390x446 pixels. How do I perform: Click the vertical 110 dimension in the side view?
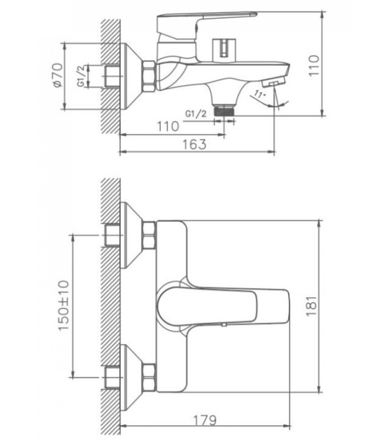[314, 66]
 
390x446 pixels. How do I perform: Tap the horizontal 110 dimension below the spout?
[168, 127]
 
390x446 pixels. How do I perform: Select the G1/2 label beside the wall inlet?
[81, 76]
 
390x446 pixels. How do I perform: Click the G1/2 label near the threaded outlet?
[196, 114]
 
